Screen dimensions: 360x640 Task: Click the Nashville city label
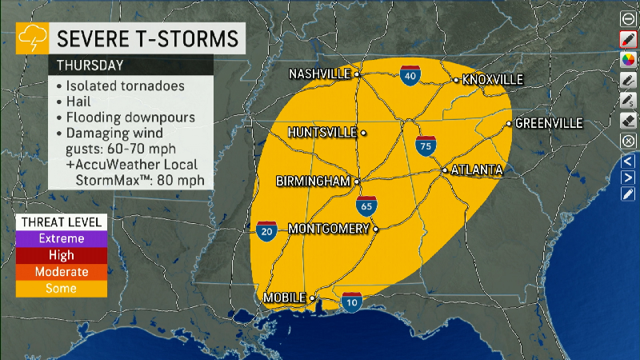pos(320,74)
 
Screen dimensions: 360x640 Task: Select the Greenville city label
pos(549,123)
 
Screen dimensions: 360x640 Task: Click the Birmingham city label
pos(313,182)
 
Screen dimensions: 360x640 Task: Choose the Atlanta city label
pos(477,170)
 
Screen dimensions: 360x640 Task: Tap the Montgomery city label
pos(328,228)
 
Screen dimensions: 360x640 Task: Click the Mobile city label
pos(285,298)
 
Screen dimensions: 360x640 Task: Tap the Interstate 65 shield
pos(366,205)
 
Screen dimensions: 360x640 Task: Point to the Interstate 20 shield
pos(267,231)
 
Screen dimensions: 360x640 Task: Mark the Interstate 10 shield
pos(351,302)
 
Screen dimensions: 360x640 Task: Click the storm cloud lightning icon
pos(32,36)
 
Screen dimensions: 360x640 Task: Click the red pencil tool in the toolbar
pos(628,39)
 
